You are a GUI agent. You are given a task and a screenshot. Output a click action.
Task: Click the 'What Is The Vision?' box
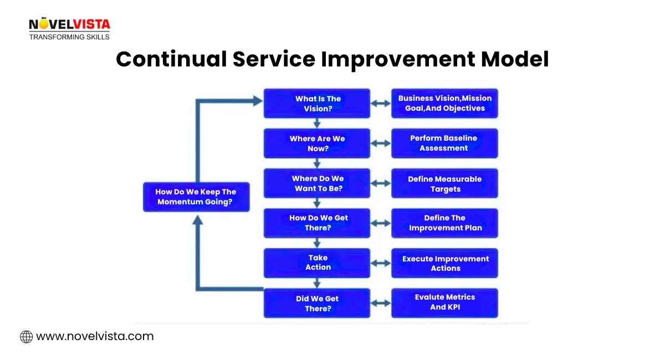click(x=317, y=104)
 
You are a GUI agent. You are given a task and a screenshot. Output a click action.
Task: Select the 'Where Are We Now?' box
click(x=317, y=143)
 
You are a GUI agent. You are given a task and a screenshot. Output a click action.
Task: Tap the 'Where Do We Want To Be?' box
click(x=317, y=183)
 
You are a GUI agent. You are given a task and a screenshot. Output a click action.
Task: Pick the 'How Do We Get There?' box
click(x=317, y=223)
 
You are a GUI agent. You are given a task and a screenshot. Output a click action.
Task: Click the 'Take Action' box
click(x=317, y=263)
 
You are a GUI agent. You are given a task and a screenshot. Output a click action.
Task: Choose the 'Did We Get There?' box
click(x=317, y=303)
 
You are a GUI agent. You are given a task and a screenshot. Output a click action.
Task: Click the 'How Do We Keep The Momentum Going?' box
click(x=196, y=197)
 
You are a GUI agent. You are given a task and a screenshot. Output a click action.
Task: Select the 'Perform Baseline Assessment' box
click(x=444, y=143)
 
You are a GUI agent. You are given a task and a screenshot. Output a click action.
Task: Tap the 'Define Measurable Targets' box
click(x=444, y=183)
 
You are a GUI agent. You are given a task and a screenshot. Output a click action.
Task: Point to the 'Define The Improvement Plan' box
click(x=444, y=223)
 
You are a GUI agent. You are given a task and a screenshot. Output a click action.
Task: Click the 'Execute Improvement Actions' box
click(x=444, y=263)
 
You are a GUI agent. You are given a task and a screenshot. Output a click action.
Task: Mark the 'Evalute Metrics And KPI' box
click(x=444, y=302)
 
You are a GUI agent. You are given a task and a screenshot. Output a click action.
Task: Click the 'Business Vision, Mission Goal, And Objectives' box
click(x=444, y=104)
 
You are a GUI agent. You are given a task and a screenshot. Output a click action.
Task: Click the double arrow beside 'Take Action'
click(x=381, y=263)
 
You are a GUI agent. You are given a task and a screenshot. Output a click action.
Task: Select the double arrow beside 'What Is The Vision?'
click(x=381, y=104)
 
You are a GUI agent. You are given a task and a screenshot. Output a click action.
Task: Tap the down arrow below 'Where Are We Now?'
click(x=317, y=163)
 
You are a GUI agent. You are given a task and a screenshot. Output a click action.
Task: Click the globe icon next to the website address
click(x=26, y=336)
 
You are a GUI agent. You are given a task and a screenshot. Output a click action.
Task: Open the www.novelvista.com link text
click(x=95, y=336)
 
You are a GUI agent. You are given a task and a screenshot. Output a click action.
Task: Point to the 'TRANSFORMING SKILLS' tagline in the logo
click(x=69, y=37)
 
